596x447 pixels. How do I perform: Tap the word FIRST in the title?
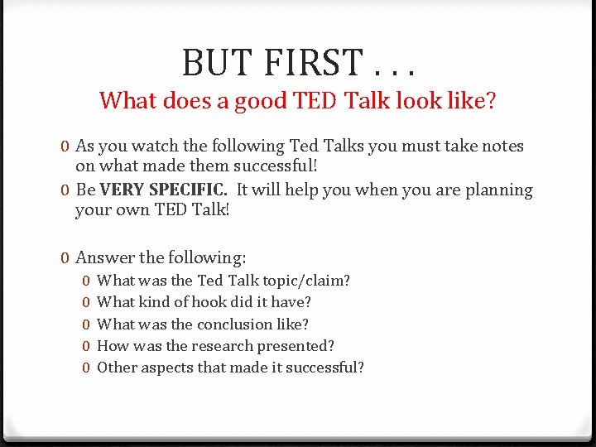(309, 63)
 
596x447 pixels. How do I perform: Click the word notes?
(501, 147)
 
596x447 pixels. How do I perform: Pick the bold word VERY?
(121, 190)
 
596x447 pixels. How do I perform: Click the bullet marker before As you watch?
(65, 147)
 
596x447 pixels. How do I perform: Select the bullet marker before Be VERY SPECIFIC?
(65, 190)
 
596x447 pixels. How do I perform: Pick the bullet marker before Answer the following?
(65, 257)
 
